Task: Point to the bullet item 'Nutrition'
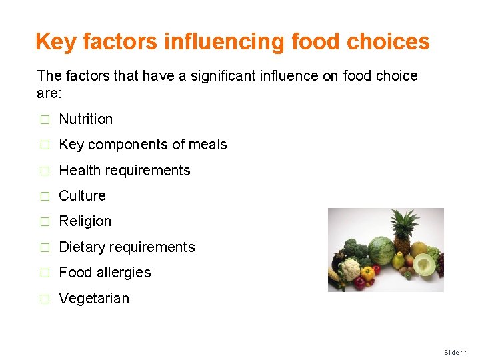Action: pos(86,119)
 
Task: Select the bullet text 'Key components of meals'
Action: pos(143,145)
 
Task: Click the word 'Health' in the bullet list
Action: pos(79,171)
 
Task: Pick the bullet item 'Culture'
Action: pos(82,196)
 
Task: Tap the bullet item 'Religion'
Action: pos(85,221)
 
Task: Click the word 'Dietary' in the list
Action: pos(80,247)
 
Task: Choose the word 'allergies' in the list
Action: pos(123,273)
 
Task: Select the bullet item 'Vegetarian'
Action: pos(94,299)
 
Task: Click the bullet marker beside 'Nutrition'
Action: pos(45,120)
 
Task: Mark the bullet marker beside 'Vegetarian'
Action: pos(45,299)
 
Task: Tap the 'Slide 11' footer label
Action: pos(457,352)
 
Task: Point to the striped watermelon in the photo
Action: pos(381,251)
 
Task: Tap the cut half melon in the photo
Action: pos(424,265)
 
